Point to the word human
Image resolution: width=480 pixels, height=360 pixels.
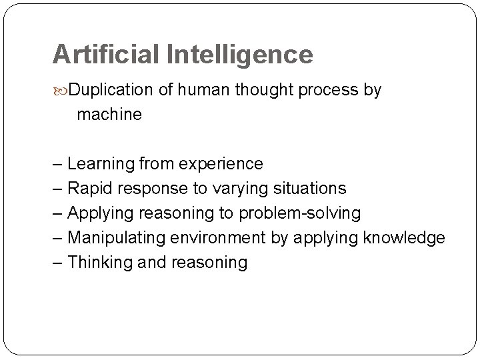[202, 90]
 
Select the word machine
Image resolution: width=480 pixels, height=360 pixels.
[109, 115]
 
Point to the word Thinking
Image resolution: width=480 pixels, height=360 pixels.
[97, 263]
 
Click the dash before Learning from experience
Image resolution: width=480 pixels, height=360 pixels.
[59, 164]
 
